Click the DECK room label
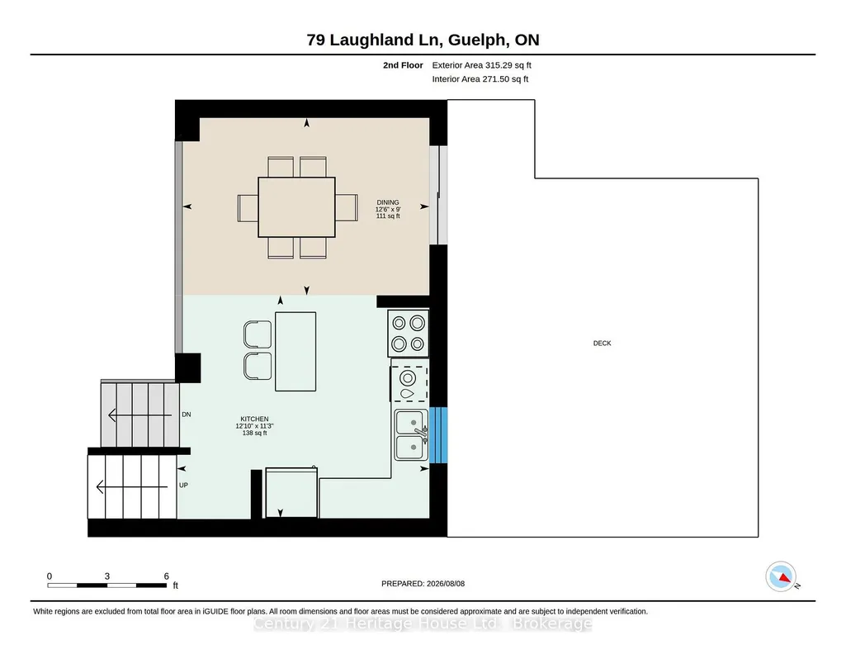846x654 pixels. pyautogui.click(x=603, y=344)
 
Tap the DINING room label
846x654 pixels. pyautogui.click(x=388, y=202)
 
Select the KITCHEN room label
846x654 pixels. pyautogui.click(x=255, y=419)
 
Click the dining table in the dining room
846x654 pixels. pyautogui.click(x=297, y=207)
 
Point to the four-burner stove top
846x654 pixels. pyautogui.click(x=408, y=333)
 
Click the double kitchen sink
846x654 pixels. pyautogui.click(x=411, y=434)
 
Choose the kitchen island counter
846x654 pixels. pyautogui.click(x=295, y=351)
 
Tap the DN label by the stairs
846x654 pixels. pyautogui.click(x=187, y=415)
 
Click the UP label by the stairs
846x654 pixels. pyautogui.click(x=183, y=485)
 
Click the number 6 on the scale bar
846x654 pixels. pyautogui.click(x=166, y=576)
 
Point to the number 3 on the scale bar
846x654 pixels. pyautogui.click(x=106, y=576)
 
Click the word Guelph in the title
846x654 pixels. pyautogui.click(x=478, y=40)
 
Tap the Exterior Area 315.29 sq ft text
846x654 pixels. pyautogui.click(x=482, y=65)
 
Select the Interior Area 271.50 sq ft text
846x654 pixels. pyautogui.click(x=480, y=78)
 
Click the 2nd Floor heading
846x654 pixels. pyautogui.click(x=403, y=65)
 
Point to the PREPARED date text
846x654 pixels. pyautogui.click(x=423, y=583)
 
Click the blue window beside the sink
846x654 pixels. pyautogui.click(x=438, y=435)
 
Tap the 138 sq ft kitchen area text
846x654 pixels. pyautogui.click(x=255, y=433)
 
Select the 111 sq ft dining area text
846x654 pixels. pyautogui.click(x=388, y=216)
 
